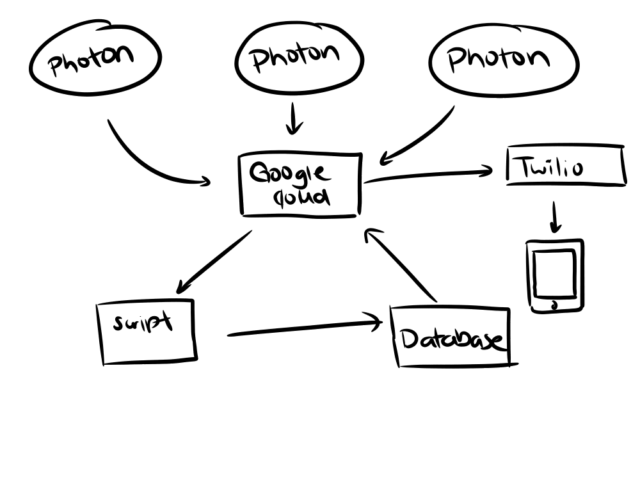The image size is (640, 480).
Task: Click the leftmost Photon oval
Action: click(95, 59)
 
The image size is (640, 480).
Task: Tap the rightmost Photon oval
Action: click(504, 59)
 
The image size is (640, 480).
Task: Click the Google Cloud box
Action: click(300, 185)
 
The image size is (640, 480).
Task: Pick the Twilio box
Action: click(565, 166)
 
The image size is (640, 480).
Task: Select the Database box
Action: click(452, 337)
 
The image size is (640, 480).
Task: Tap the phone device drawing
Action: click(556, 276)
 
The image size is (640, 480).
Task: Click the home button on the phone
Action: click(555, 305)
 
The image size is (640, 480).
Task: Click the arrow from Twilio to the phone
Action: click(555, 218)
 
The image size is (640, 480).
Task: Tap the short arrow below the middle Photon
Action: click(294, 118)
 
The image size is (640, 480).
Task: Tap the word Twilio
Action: click(551, 168)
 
